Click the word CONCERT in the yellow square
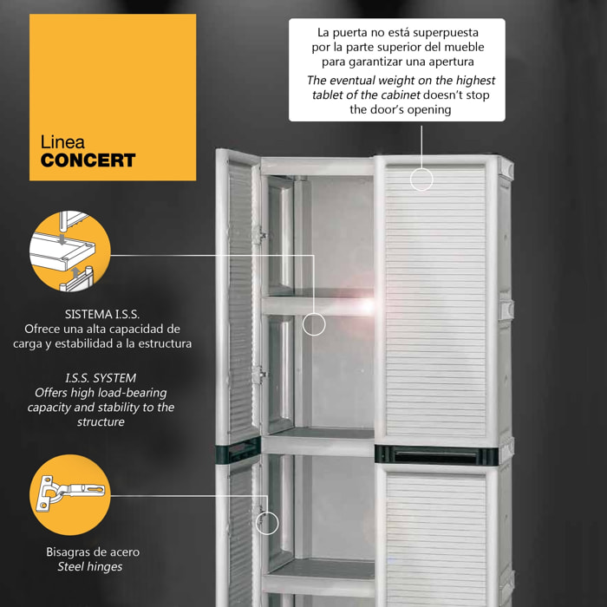point(88,160)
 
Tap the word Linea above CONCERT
point(62,142)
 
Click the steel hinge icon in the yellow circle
point(70,493)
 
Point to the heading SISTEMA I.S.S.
point(101,314)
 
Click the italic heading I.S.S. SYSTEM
point(101,378)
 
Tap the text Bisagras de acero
point(93,552)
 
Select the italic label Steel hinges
point(90,567)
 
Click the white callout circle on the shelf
point(314,324)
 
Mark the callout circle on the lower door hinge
point(267,523)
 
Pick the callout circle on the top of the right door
point(421,179)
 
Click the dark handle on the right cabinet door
point(436,455)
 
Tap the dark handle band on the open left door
point(238,451)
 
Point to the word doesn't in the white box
point(443,95)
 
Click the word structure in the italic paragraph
point(101,421)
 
